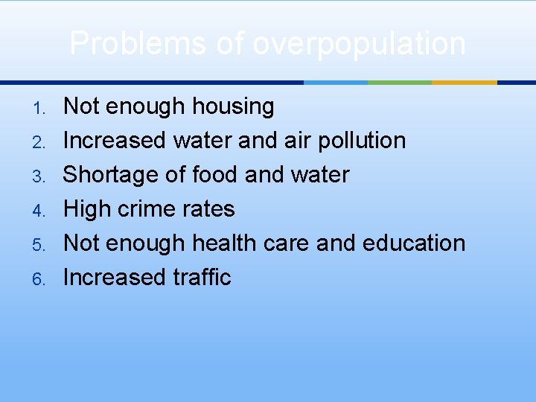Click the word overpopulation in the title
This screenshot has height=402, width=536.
click(359, 45)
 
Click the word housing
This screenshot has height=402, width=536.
click(233, 107)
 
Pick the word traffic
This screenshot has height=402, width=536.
click(202, 278)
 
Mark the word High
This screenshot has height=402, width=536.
click(87, 209)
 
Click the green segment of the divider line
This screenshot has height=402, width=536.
click(400, 83)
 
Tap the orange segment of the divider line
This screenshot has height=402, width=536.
click(464, 83)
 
